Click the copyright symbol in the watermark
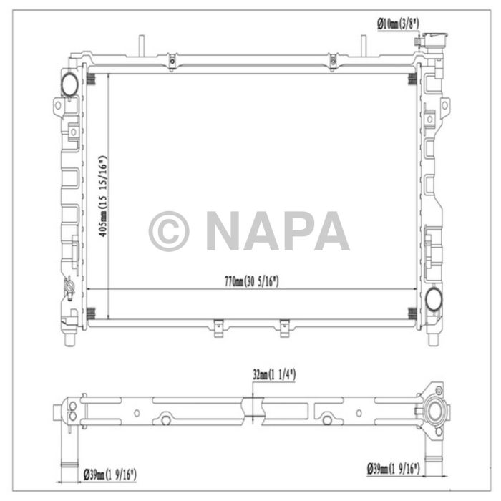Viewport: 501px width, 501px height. [x=169, y=231]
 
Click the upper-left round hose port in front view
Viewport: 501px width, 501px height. [x=70, y=84]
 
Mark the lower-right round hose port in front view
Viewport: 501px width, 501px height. [x=433, y=299]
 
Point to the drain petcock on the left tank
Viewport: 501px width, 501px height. [x=69, y=288]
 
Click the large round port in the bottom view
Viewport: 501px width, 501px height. [x=434, y=414]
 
